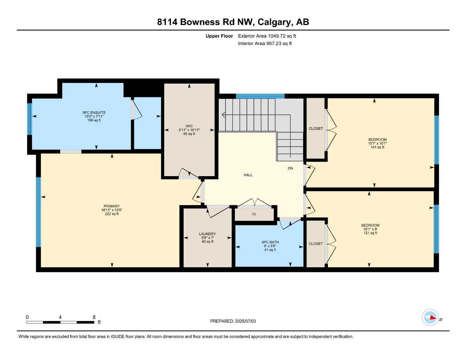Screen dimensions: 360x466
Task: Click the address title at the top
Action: [233, 22]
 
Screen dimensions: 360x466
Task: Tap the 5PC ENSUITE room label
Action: [94, 113]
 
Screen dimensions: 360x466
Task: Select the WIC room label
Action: [189, 126]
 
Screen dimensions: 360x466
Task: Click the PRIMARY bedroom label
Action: [111, 206]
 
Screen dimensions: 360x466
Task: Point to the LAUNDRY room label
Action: [207, 234]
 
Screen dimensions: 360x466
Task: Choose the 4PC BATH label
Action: [270, 242]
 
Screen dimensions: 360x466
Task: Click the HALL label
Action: [248, 175]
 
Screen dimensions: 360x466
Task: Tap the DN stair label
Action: [290, 168]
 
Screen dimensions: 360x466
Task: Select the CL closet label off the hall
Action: [254, 214]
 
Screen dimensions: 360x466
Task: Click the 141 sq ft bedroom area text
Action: [377, 147]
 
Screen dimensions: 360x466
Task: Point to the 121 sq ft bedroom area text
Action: [370, 233]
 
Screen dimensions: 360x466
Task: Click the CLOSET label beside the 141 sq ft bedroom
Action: [315, 129]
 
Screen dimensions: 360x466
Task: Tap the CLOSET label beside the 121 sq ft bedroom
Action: [315, 244]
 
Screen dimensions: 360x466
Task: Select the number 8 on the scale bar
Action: [94, 317]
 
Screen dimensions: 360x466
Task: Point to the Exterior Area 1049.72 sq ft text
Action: [267, 36]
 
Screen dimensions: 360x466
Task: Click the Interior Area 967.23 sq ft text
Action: [265, 44]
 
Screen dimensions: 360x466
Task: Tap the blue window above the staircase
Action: [260, 96]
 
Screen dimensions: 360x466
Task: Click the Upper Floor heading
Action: [219, 36]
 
